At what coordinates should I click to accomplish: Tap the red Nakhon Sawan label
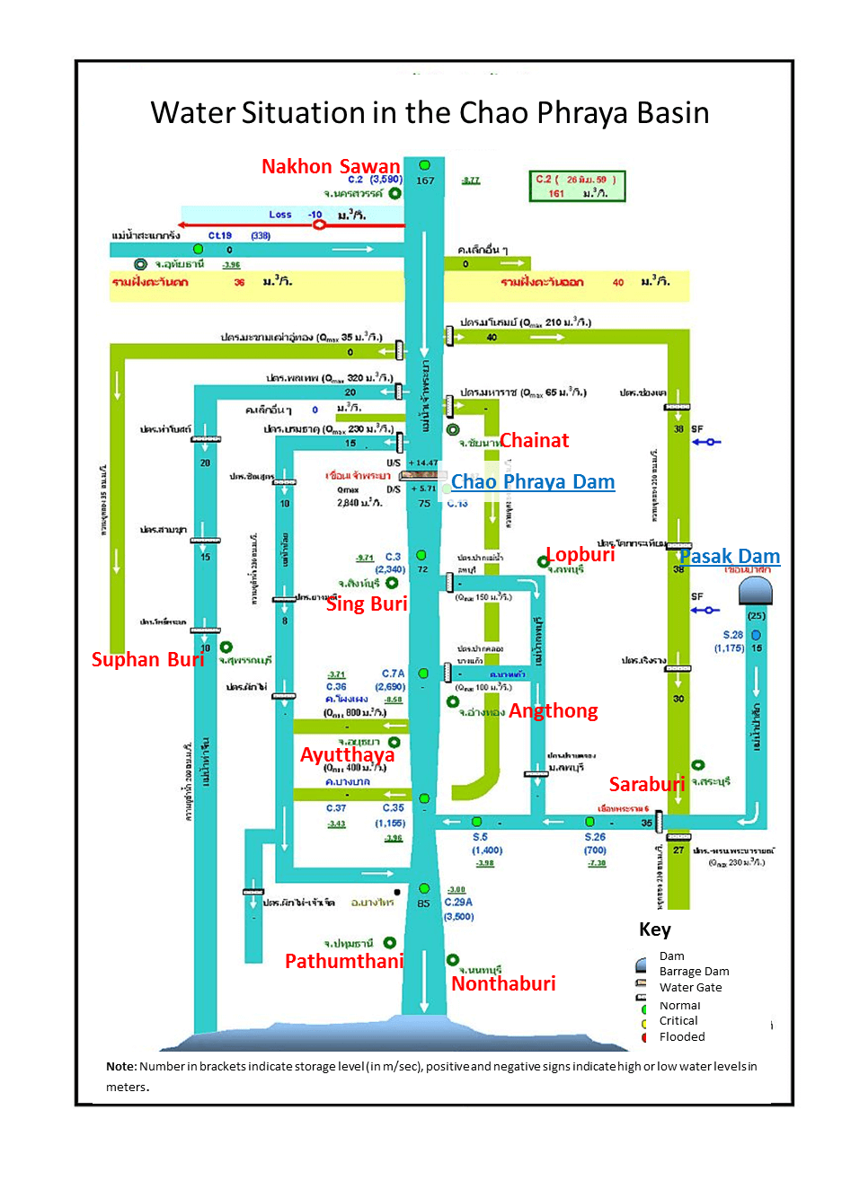tap(331, 166)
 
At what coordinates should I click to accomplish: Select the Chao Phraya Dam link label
tap(533, 482)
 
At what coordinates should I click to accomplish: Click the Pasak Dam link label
tap(730, 557)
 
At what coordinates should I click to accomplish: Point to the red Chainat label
tap(535, 440)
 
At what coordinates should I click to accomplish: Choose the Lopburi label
tap(581, 554)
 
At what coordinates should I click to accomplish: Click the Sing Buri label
tap(367, 603)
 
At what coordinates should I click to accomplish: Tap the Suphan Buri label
tap(147, 659)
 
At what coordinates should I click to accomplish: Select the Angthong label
tap(554, 711)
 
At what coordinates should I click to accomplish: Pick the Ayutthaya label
tap(347, 754)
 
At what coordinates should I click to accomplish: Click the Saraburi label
tap(647, 784)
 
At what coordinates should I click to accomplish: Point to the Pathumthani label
tap(344, 961)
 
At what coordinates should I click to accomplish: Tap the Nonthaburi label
tap(503, 983)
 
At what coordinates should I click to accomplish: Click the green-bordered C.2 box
tap(577, 186)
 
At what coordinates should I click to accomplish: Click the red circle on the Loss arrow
tap(319, 224)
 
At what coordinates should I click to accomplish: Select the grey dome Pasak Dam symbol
tap(755, 591)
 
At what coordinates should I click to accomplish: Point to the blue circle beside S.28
tap(756, 635)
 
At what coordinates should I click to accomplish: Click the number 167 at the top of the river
tap(425, 181)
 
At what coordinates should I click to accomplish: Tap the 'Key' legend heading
tap(655, 929)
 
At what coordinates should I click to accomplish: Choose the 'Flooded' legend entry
tap(682, 1037)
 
